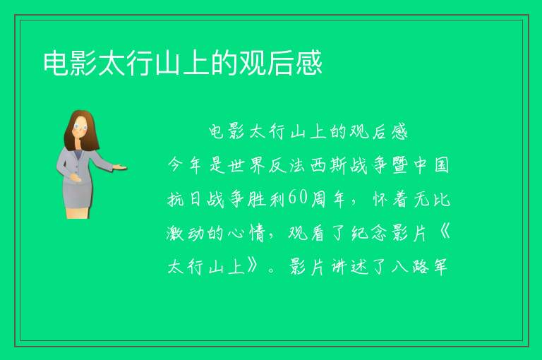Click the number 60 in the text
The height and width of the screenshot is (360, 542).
pos(297,198)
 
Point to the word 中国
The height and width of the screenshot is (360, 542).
pos(431,165)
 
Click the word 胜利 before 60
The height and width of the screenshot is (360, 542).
pos(266,199)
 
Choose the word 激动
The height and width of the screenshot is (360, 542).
pos(185,233)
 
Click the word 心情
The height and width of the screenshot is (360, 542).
pos(246,233)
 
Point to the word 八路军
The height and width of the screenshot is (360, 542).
pos(419,267)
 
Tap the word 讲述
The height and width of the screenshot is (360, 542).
pos(349,267)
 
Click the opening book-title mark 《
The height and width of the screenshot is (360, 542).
pos(444,232)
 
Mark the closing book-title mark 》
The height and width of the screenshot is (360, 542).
pos(253,266)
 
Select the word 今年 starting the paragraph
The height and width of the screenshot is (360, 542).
pos(185,165)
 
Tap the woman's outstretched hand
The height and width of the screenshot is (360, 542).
pos(119,167)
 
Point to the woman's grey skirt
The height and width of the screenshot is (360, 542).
pos(78,193)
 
